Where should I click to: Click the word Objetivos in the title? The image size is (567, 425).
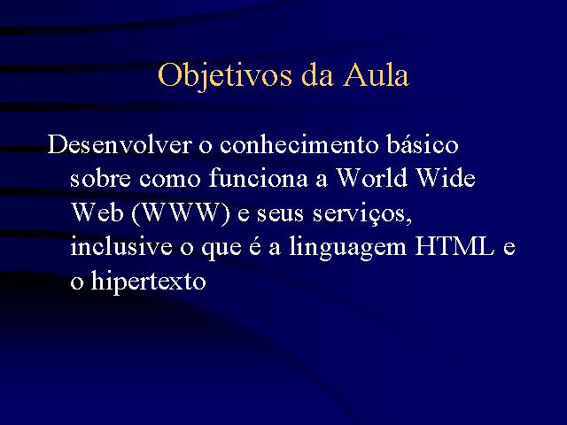(x=224, y=76)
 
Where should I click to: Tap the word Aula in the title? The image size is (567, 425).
(x=376, y=75)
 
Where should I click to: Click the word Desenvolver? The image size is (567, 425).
(x=120, y=144)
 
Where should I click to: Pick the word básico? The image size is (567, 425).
(x=423, y=144)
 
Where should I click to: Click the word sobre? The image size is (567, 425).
(x=100, y=178)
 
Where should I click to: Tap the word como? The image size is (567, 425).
(x=169, y=180)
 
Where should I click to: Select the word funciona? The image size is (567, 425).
(x=258, y=178)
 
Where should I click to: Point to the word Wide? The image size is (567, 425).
(x=446, y=178)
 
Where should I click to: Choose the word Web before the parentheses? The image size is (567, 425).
(x=97, y=212)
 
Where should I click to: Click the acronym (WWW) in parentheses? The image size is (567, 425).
(x=181, y=213)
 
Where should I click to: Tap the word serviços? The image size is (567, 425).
(x=362, y=214)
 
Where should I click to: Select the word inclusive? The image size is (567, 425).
(x=121, y=246)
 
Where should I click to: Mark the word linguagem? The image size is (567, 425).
(x=348, y=248)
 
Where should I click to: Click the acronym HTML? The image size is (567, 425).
(x=454, y=246)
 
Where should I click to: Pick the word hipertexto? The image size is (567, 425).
(x=148, y=281)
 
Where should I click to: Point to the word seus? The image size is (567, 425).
(x=280, y=214)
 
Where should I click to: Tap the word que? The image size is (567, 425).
(x=221, y=249)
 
